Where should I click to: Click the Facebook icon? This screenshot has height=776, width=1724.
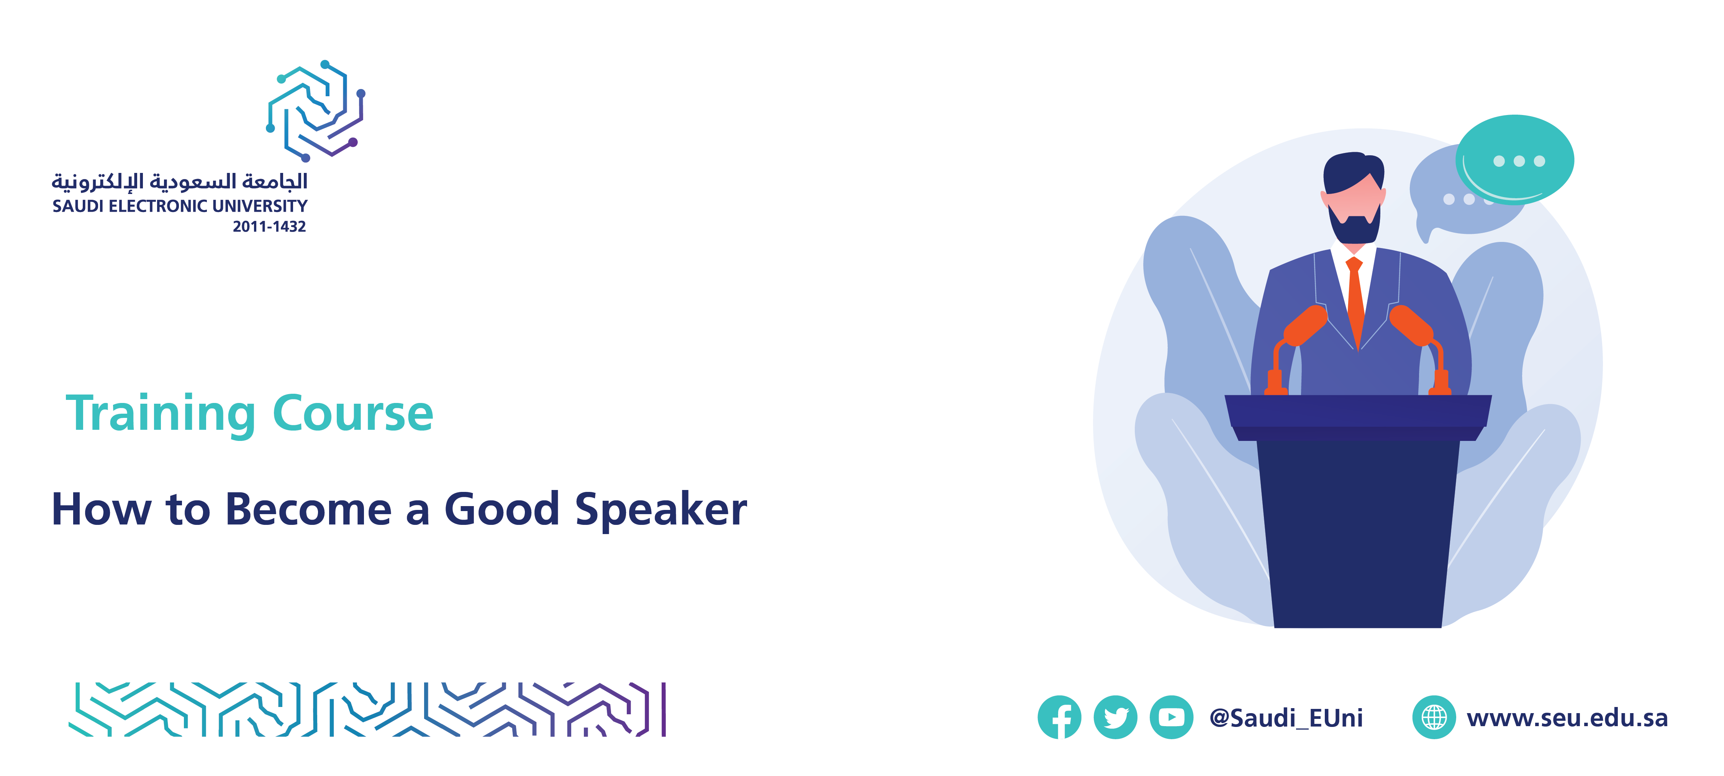tap(1059, 717)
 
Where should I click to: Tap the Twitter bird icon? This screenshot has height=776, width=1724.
tap(1115, 717)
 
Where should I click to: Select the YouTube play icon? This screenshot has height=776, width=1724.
tap(1171, 717)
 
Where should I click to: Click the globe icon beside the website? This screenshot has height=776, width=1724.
tap(1434, 717)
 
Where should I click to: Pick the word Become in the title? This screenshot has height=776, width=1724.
tap(308, 510)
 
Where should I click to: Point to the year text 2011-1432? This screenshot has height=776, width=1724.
tap(269, 226)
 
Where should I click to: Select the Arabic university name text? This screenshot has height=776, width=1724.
tap(179, 181)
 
